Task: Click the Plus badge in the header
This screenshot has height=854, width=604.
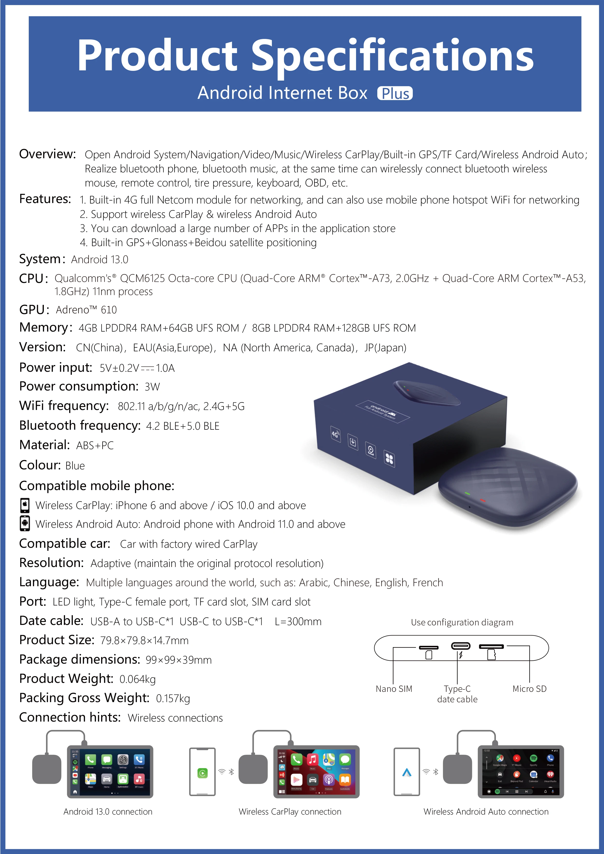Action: coord(395,93)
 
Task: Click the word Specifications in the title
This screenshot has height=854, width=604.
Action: coord(392,56)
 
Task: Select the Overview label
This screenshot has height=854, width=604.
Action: coord(47,154)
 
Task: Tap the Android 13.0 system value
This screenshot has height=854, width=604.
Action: coord(100,260)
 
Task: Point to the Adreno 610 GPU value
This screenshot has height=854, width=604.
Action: coord(86,310)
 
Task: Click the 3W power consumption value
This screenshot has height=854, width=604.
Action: coord(152,387)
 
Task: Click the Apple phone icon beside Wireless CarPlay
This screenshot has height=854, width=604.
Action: coord(25,505)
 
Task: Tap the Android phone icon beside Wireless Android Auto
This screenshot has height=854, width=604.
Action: coord(25,523)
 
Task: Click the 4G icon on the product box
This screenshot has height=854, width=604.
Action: coord(335,434)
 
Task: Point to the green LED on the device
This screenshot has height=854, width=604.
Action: coord(467,493)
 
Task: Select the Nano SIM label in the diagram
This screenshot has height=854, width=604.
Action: coord(394,689)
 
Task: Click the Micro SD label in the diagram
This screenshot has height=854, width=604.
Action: coord(529,689)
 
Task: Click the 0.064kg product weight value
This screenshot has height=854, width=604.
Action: coord(137,679)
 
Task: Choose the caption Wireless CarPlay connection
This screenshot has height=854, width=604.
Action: coord(290,812)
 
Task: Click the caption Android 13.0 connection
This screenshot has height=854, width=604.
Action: coord(108,812)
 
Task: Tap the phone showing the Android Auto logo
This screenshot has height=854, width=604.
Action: coord(407,771)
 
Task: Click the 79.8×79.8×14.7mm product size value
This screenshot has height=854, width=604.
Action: coord(144,640)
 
